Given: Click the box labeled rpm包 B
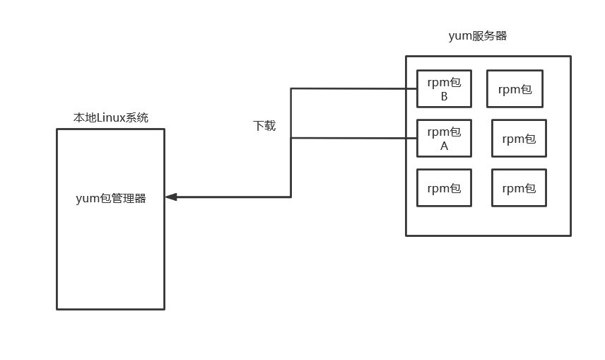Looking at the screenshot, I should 444,88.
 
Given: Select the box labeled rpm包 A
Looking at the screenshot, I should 444,138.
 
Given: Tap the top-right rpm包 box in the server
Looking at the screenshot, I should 515,88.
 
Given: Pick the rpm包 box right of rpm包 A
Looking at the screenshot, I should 519,138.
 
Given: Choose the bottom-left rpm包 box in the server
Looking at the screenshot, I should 444,187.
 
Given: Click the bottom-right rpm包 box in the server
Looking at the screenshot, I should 519,187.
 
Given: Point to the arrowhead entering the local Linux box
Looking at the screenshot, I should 171,197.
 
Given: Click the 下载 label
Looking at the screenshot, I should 264,126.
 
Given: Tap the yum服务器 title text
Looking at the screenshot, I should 478,36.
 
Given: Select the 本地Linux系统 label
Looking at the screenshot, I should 111,117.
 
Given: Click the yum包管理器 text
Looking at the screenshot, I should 111,198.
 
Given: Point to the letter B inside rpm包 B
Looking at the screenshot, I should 444,97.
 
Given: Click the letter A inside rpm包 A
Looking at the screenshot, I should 444,146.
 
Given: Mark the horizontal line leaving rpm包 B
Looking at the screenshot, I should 353,88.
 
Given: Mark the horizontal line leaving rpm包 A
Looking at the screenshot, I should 353,138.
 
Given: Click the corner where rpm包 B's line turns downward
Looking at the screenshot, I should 291,88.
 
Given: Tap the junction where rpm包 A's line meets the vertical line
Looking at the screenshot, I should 291,138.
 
